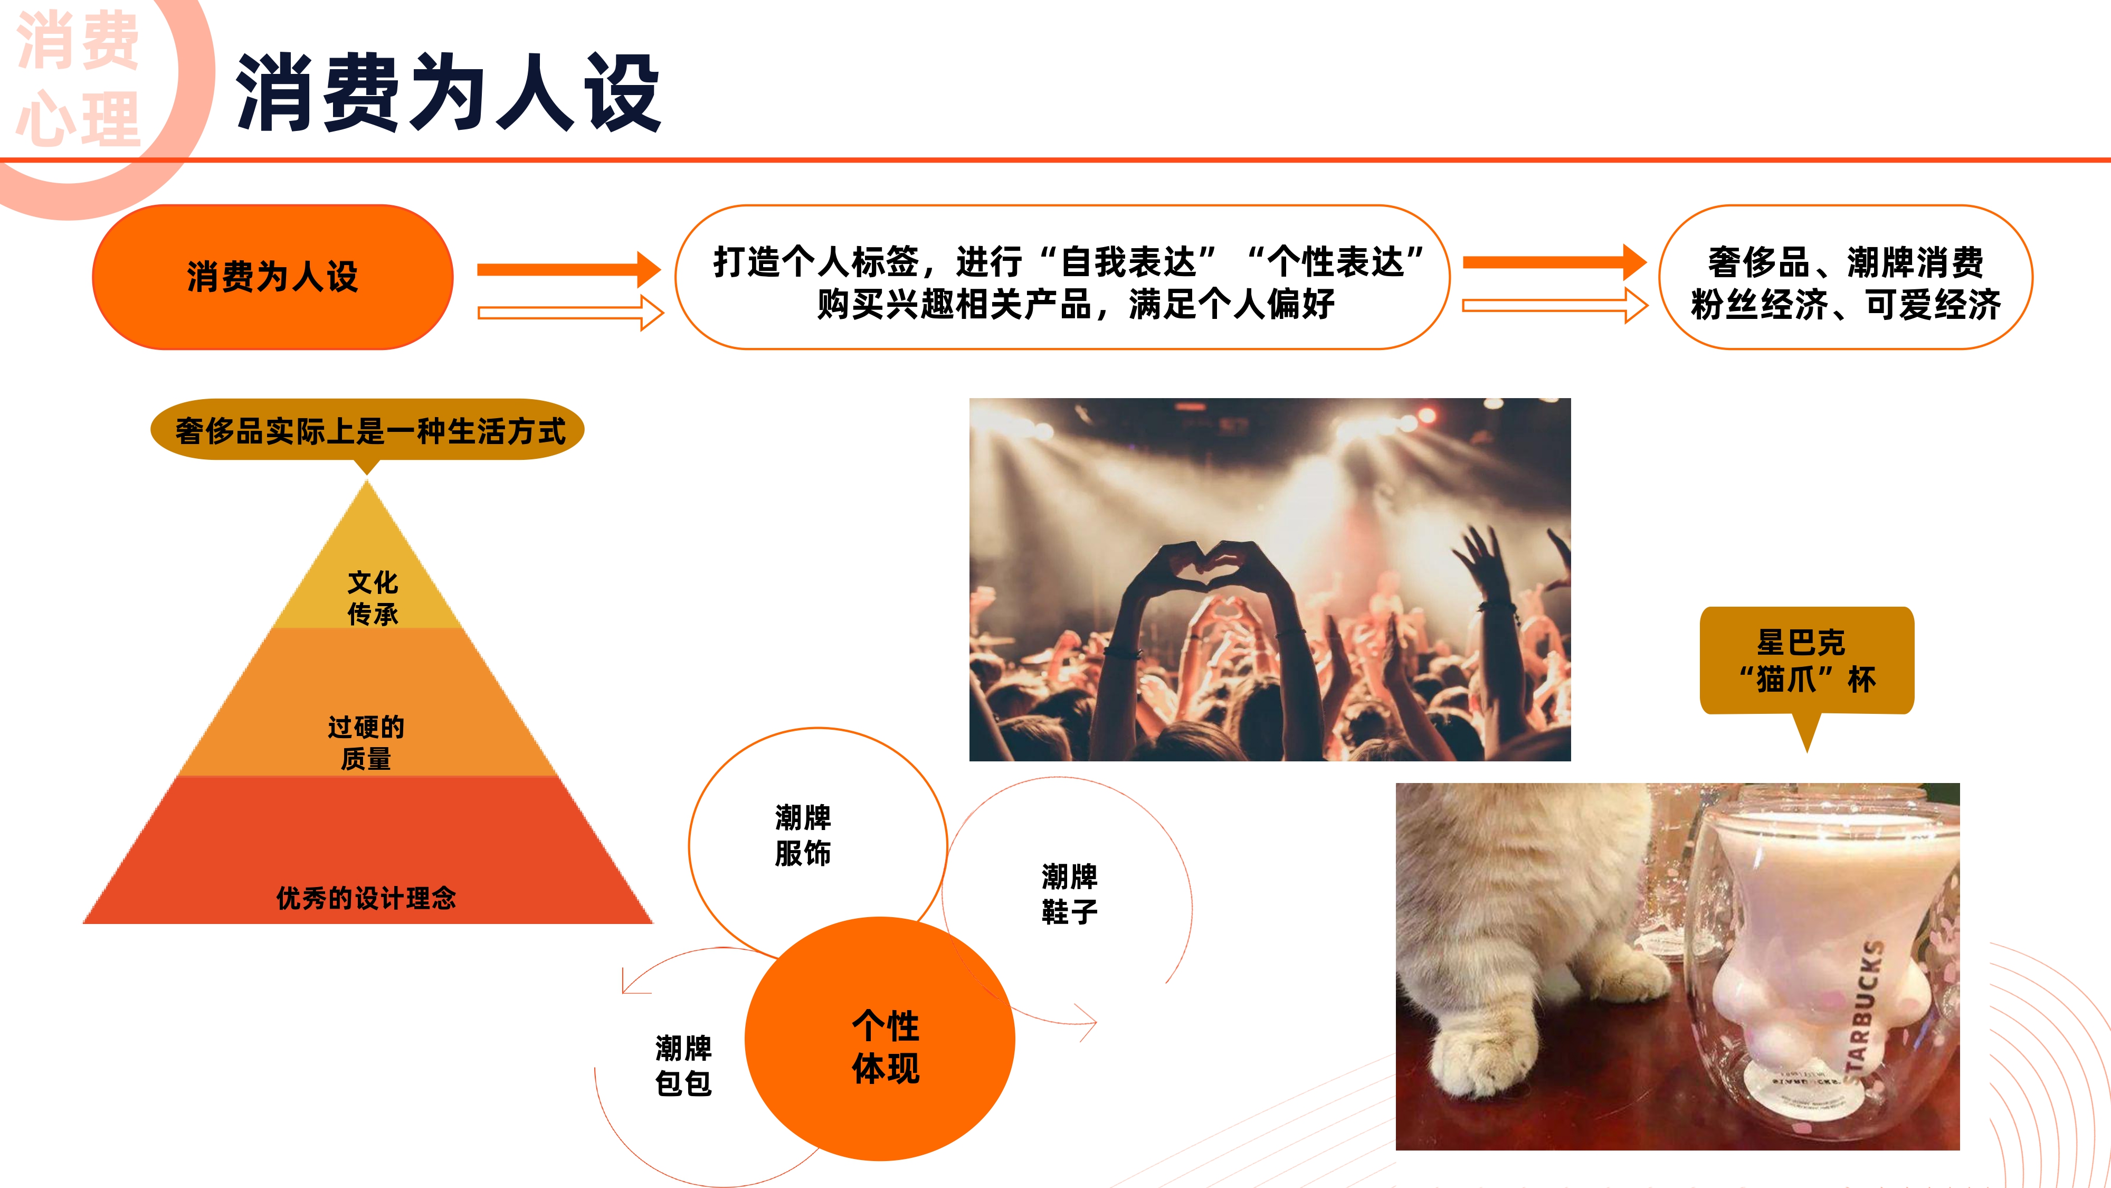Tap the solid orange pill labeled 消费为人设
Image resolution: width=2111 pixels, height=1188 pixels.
tap(273, 277)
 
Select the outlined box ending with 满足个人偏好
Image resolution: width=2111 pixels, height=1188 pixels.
tap(1062, 277)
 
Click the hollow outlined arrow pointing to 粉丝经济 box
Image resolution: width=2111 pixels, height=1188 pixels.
tap(1555, 306)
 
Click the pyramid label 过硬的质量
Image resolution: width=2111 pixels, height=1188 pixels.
tap(366, 743)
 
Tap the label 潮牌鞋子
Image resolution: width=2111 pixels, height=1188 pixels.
tap(1069, 894)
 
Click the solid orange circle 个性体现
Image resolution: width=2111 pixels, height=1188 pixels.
tap(880, 1039)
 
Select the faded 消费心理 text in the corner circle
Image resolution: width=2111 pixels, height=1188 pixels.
tap(78, 80)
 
